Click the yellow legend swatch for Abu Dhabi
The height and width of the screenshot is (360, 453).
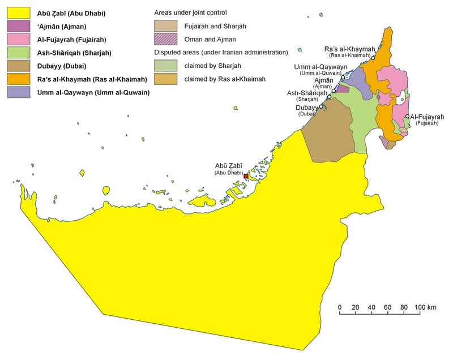[x=18, y=13]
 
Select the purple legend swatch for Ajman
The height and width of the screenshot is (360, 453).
[x=18, y=26]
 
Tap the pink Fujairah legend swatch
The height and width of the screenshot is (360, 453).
[x=18, y=40]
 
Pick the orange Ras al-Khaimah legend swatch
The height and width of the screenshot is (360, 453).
[x=18, y=79]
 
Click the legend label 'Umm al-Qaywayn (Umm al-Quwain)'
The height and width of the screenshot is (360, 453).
[x=93, y=92]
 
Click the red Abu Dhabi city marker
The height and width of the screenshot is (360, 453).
[x=245, y=177]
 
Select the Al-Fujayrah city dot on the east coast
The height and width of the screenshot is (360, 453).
[x=408, y=117]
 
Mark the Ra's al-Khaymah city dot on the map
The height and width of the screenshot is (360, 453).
[x=374, y=57]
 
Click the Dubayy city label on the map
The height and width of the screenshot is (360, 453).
[x=306, y=107]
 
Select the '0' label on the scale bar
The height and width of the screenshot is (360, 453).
[x=340, y=307]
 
